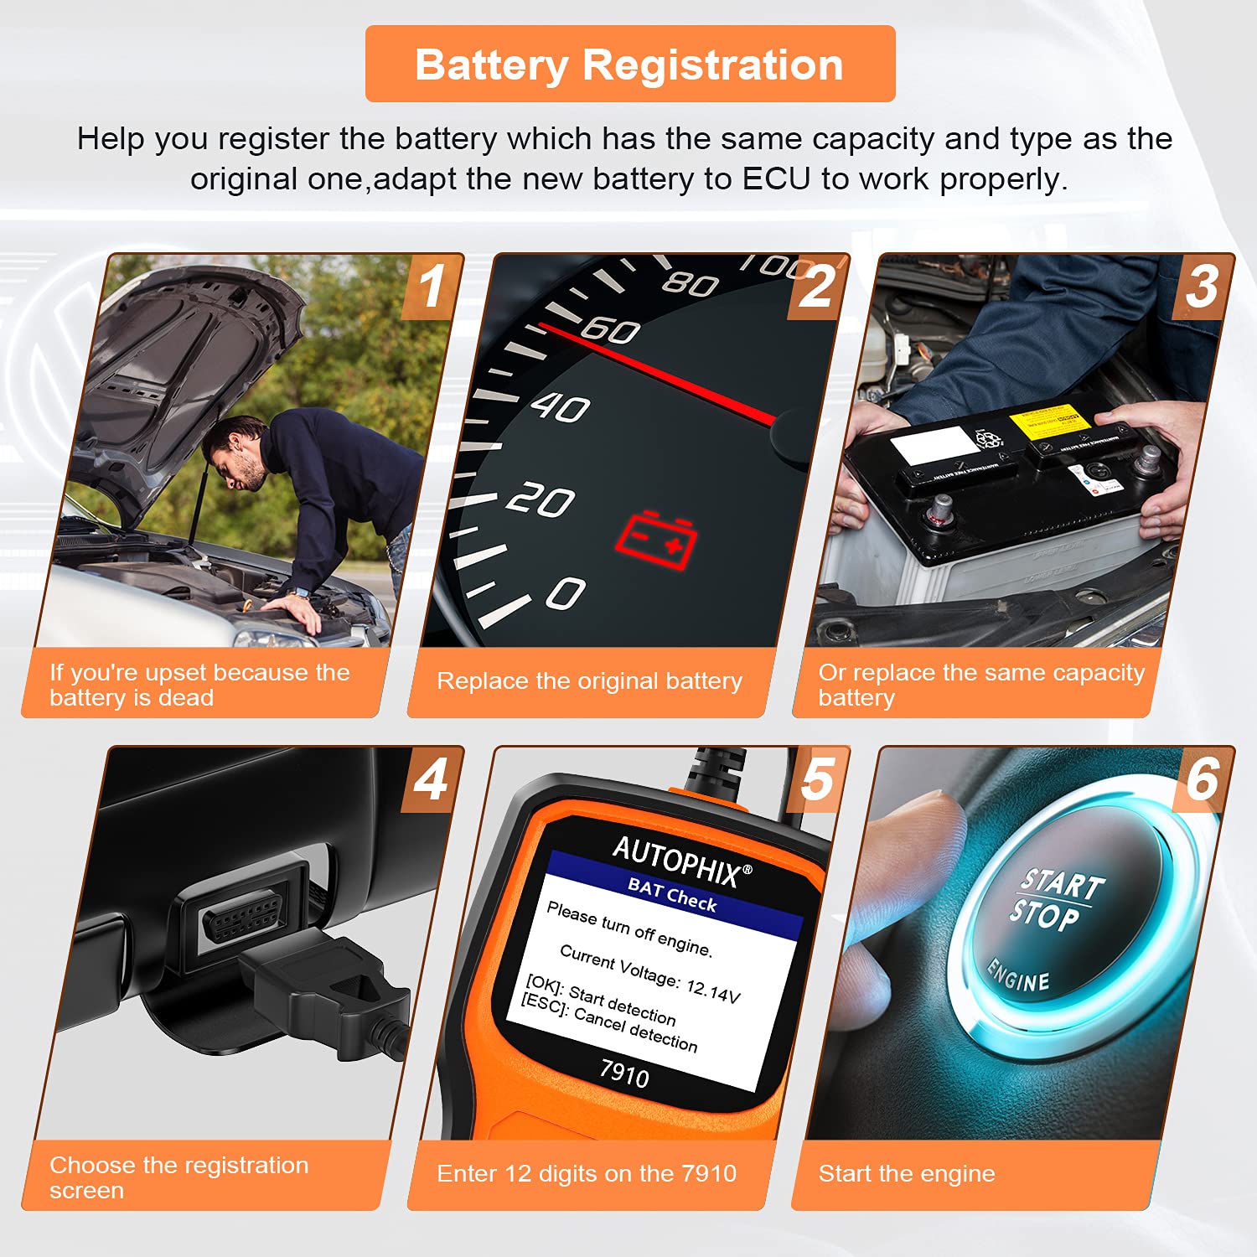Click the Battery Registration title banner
point(629,65)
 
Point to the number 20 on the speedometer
point(541,500)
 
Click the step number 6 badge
point(1203,779)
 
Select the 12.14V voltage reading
point(713,991)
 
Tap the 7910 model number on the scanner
point(624,1073)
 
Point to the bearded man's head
point(233,453)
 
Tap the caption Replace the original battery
point(589,680)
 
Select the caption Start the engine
point(906,1173)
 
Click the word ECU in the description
point(777,179)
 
